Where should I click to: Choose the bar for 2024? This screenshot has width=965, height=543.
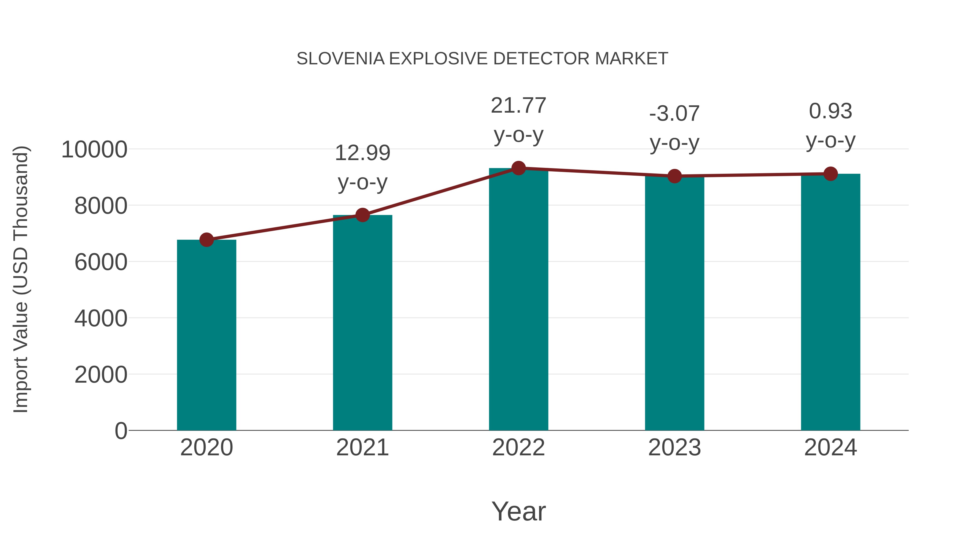830,302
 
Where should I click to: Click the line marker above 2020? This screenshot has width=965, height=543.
206,239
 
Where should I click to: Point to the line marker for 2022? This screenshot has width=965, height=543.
518,168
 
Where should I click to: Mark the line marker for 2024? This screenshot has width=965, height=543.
830,174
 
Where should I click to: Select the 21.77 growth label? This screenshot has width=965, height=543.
518,106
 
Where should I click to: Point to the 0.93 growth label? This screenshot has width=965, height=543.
830,111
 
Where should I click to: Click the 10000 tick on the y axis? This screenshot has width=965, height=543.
94,150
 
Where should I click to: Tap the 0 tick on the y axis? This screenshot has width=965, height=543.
121,431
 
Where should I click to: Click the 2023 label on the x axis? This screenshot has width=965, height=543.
674,448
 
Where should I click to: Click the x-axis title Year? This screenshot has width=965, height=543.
518,511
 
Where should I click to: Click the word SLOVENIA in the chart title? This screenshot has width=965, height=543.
340,59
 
